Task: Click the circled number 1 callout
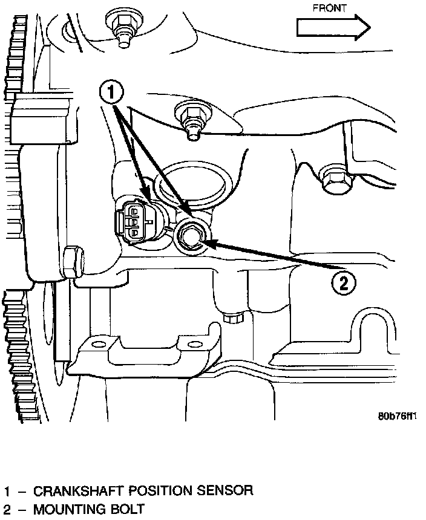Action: point(111,94)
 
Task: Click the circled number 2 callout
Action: point(343,281)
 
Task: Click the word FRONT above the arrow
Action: point(329,8)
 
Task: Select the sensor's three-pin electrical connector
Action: point(134,222)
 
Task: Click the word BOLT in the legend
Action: point(129,509)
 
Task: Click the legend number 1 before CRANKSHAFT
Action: point(7,490)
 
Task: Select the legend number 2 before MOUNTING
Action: point(7,509)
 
